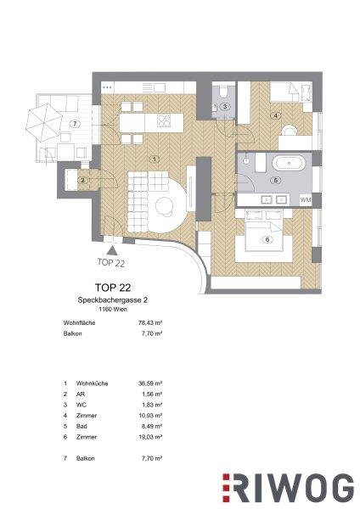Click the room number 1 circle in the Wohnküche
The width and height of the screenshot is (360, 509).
pyautogui.click(x=155, y=159)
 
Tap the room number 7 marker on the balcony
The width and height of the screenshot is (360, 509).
pyautogui.click(x=75, y=124)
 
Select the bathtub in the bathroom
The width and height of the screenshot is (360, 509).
pyautogui.click(x=289, y=164)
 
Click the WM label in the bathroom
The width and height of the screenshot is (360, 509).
pyautogui.click(x=306, y=200)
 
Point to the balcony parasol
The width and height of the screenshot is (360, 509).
pyautogui.click(x=43, y=122)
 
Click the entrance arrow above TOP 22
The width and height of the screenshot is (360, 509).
pyautogui.click(x=112, y=250)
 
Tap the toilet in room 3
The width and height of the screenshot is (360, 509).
pyautogui.click(x=223, y=92)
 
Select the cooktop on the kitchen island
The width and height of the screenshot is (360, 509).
pyautogui.click(x=164, y=120)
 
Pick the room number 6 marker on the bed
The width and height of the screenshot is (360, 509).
pyautogui.click(x=267, y=239)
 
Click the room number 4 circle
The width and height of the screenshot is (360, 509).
pyautogui.click(x=276, y=115)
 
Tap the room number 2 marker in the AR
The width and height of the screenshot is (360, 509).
pyautogui.click(x=83, y=180)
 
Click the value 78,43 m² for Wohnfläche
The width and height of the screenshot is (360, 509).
pyautogui.click(x=150, y=323)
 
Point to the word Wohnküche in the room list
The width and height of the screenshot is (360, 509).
pyautogui.click(x=92, y=383)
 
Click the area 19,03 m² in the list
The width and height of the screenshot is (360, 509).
pyautogui.click(x=150, y=437)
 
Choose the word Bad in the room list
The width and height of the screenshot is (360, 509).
pyautogui.click(x=82, y=426)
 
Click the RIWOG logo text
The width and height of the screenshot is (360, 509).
pyautogui.click(x=289, y=489)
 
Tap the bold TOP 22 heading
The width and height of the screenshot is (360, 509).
pyautogui.click(x=113, y=288)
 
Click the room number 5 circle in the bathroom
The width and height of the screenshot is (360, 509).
pyautogui.click(x=276, y=180)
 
